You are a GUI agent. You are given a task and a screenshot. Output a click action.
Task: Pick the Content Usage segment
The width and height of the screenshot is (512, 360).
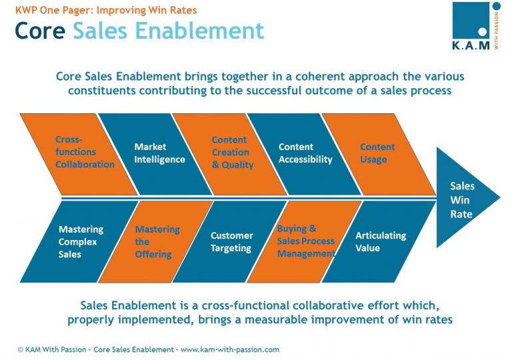point(377,153)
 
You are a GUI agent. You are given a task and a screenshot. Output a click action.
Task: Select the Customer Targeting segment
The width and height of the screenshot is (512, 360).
point(231,241)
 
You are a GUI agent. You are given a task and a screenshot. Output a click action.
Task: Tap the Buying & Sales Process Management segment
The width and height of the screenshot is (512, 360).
point(305,241)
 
